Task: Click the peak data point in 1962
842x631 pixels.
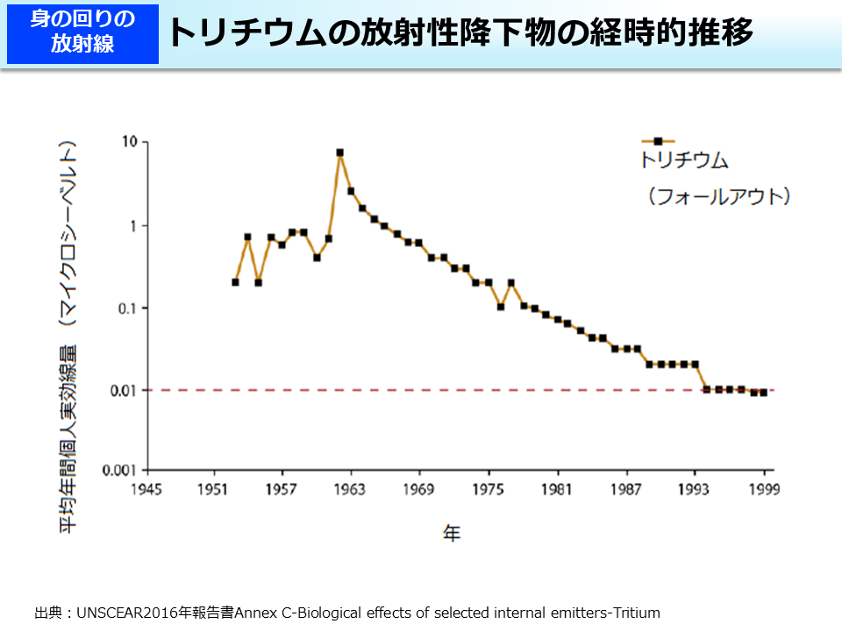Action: click(339, 152)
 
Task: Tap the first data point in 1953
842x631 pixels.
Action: click(236, 282)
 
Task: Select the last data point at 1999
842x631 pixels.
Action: click(764, 393)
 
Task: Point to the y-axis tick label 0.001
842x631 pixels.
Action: click(118, 471)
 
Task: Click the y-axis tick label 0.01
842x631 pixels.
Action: click(122, 390)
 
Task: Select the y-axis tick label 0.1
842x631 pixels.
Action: click(125, 308)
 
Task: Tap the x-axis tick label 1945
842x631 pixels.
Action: click(146, 489)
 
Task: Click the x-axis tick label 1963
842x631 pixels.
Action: click(351, 489)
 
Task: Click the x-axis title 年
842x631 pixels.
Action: click(451, 533)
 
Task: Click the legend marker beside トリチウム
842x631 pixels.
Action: click(658, 140)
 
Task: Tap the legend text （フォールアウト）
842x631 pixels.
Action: click(718, 196)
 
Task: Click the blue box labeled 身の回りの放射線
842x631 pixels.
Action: click(82, 32)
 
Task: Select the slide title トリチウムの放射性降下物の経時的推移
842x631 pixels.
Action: click(460, 33)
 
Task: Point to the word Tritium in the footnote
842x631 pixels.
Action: click(635, 613)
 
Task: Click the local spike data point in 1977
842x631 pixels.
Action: click(511, 283)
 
